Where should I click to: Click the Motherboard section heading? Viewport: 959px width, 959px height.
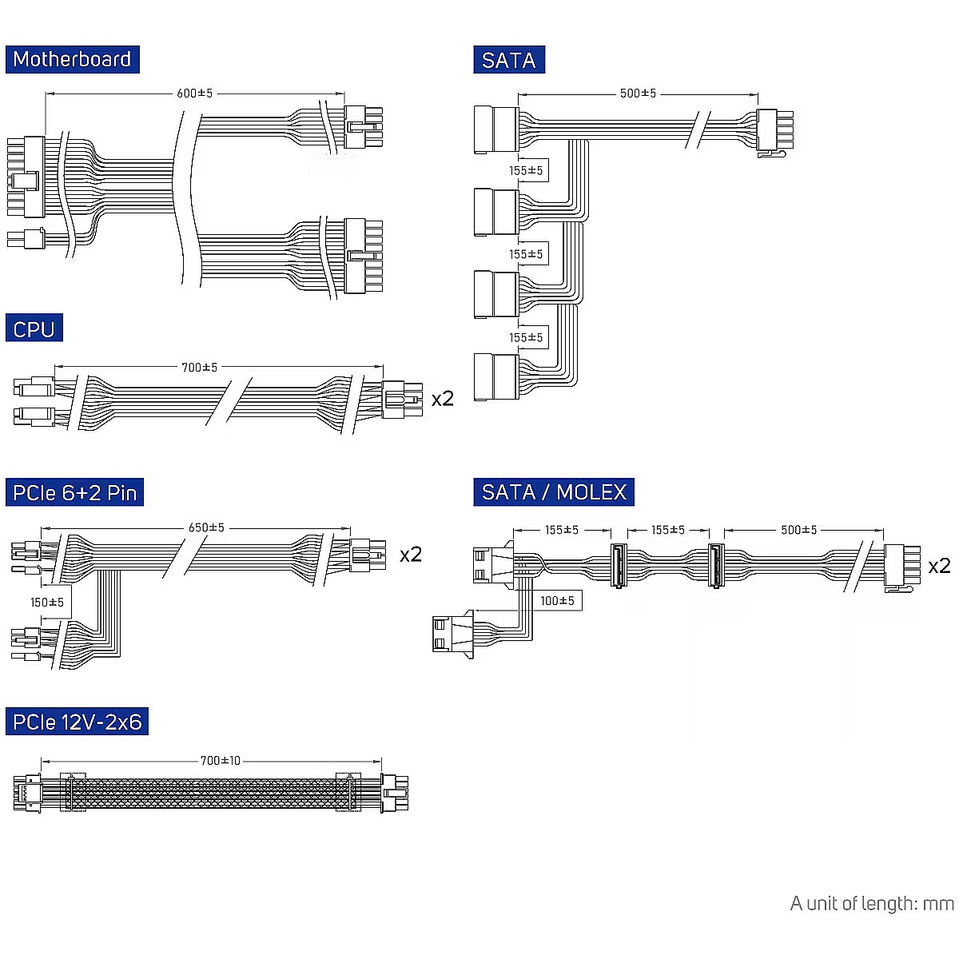(x=72, y=59)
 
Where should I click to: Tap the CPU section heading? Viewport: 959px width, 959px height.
(x=34, y=328)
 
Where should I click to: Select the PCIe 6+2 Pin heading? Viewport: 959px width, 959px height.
(x=74, y=492)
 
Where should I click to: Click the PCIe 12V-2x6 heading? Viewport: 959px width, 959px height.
(x=77, y=722)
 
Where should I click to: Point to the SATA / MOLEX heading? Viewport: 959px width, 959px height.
(x=553, y=492)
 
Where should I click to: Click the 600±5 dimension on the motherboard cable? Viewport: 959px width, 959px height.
(x=194, y=93)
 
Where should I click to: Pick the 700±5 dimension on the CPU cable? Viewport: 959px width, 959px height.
(x=199, y=368)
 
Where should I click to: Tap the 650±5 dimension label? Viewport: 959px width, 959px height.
(x=206, y=527)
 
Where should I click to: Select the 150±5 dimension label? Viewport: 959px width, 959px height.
(x=47, y=603)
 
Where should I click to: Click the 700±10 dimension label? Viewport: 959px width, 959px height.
(x=220, y=761)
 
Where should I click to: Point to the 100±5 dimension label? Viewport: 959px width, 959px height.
(x=557, y=601)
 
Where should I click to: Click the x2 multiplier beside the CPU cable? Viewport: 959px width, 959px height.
(x=443, y=399)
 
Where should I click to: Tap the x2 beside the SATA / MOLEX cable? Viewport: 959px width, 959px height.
(x=940, y=566)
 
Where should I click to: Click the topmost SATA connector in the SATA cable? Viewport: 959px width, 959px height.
(x=496, y=129)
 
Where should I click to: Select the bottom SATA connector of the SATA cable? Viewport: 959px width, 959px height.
(x=496, y=376)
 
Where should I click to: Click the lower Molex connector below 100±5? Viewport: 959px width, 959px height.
(x=453, y=634)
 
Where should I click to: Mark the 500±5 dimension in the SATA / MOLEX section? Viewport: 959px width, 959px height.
(x=798, y=530)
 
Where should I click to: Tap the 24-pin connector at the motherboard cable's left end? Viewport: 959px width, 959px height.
(x=26, y=177)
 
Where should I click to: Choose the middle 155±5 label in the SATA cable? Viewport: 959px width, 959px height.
(x=526, y=254)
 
